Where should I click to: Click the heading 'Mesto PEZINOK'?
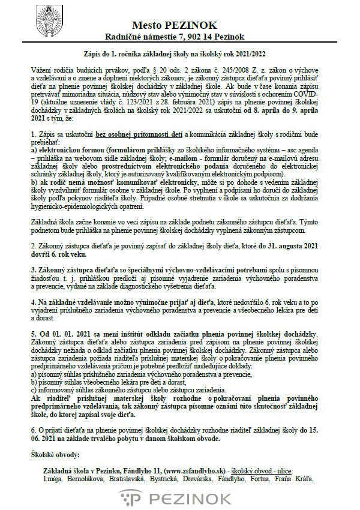tap(179, 25)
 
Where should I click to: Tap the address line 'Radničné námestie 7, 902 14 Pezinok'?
tap(179, 37)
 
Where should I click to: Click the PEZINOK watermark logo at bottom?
tap(179, 498)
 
